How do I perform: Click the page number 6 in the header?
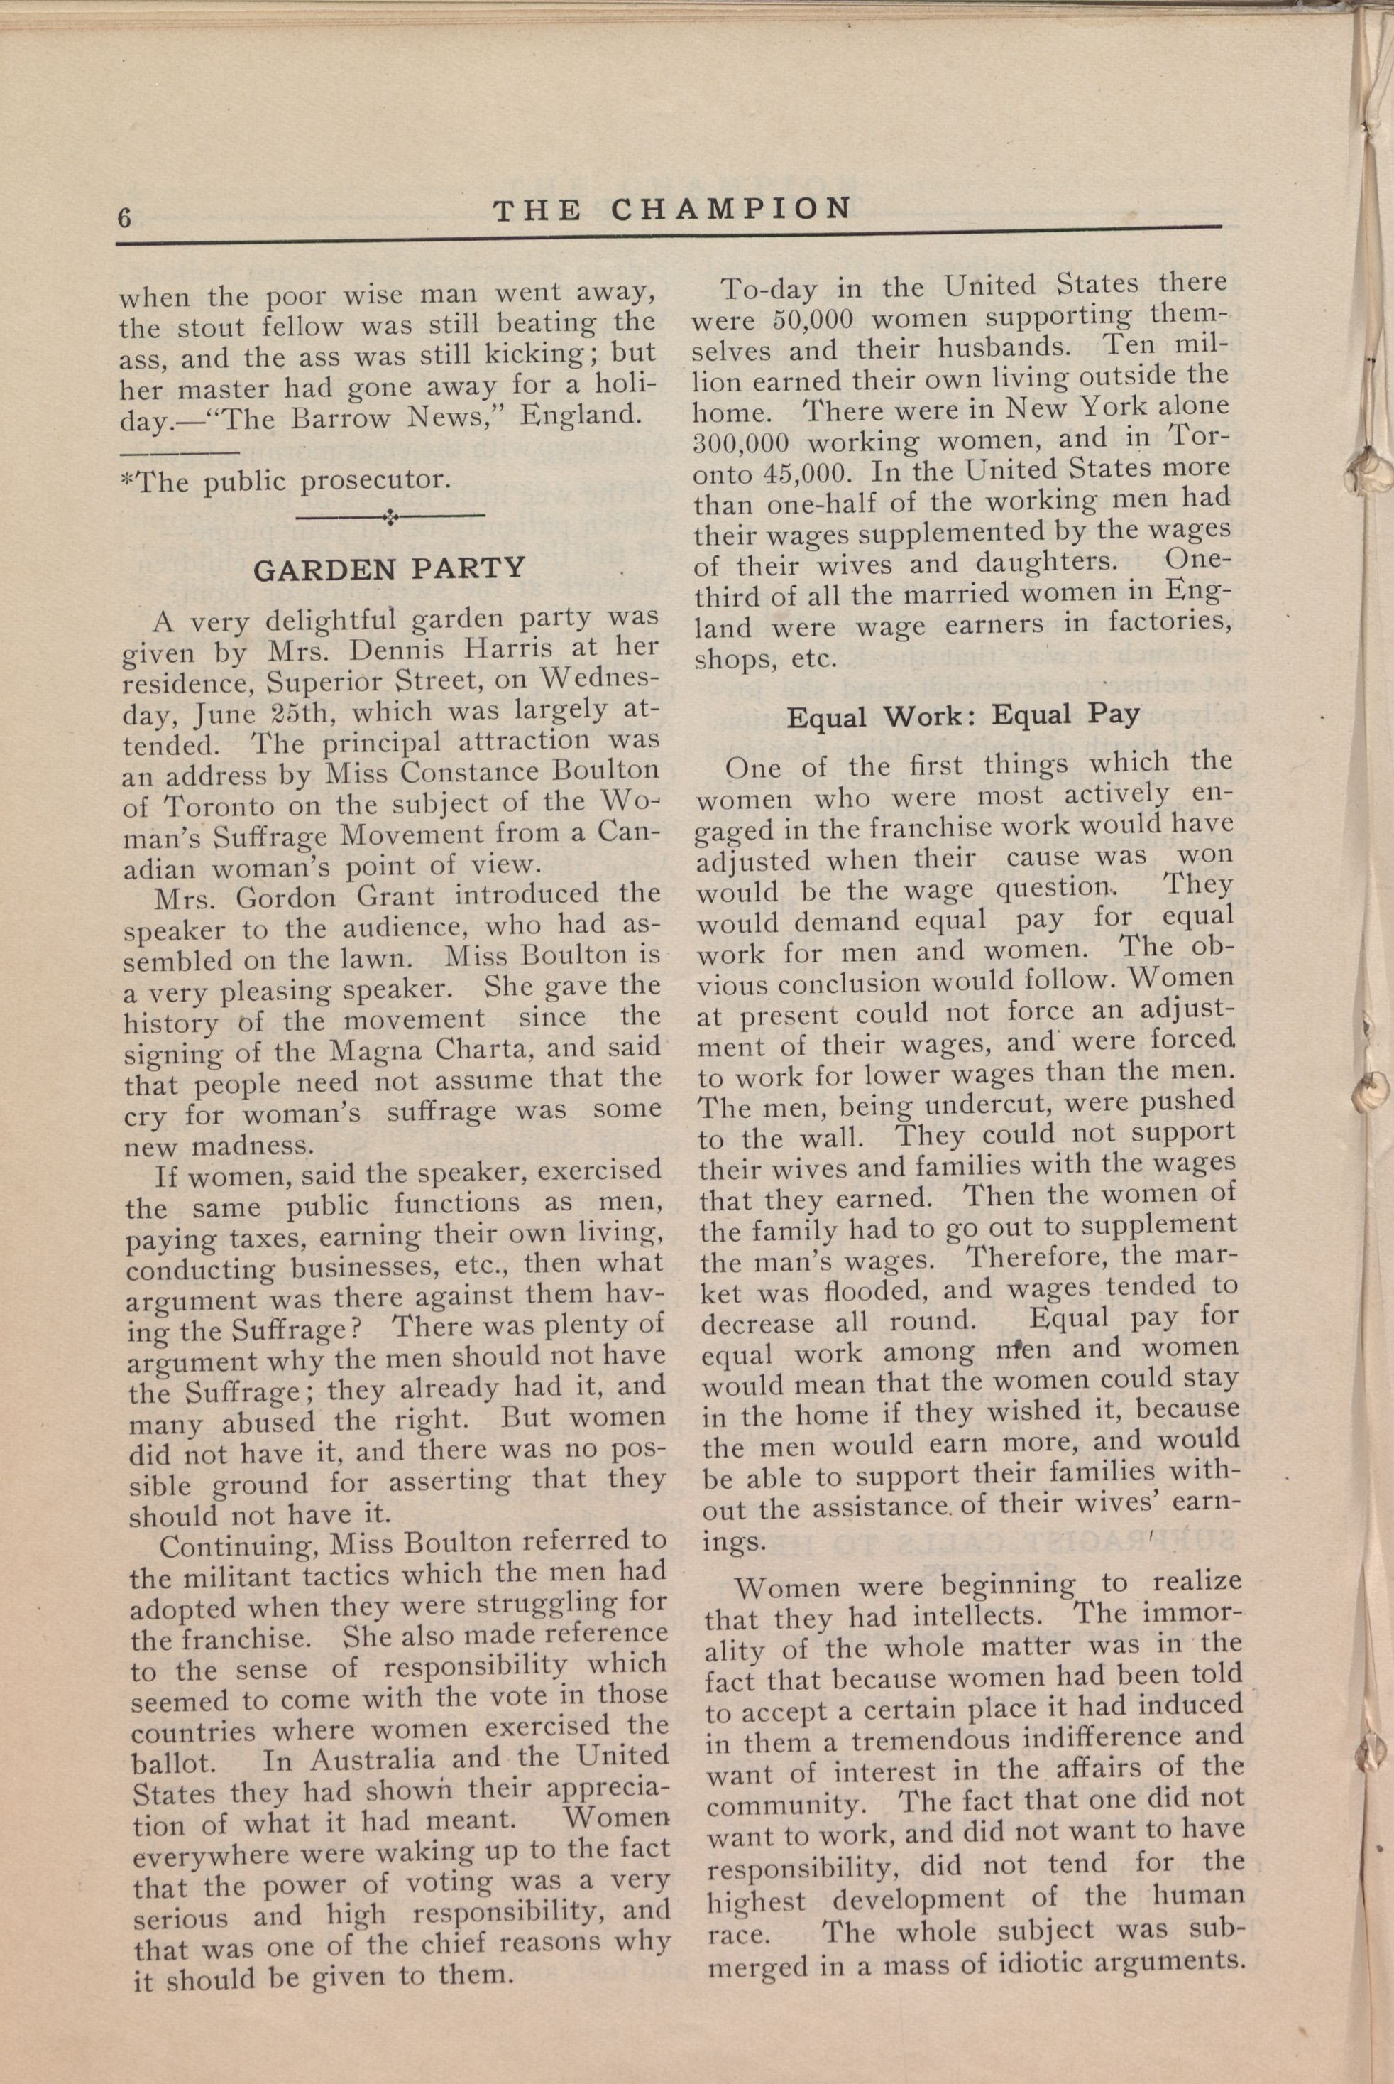[x=124, y=217]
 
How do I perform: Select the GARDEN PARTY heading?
[x=390, y=568]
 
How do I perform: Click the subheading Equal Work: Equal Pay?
[x=963, y=716]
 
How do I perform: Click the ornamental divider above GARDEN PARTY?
[x=390, y=516]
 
